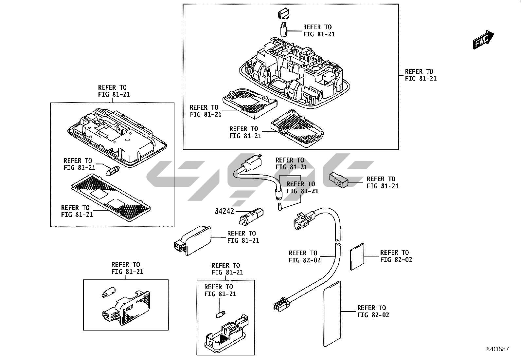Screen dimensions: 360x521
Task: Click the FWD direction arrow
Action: pos(483,40)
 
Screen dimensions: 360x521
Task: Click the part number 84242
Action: pos(225,211)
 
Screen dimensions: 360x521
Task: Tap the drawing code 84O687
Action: pos(497,349)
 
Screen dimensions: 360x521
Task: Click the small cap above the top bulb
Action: pos(283,14)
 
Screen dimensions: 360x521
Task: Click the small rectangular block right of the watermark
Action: pos(338,179)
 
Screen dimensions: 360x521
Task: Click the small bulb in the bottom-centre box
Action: pos(220,315)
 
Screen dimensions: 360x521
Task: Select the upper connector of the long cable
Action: pos(303,218)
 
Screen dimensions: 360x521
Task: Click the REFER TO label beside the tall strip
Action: pos(373,312)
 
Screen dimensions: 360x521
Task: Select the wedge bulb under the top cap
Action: pos(284,28)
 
